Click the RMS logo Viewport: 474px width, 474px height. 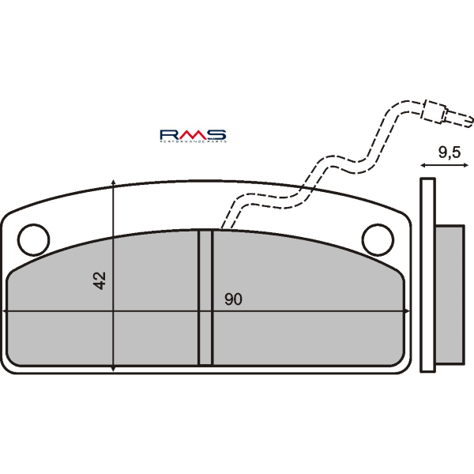193,134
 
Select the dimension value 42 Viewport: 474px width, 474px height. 100,280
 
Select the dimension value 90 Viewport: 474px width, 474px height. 232,299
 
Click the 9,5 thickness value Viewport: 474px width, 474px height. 449,152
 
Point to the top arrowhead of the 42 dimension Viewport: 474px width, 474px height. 115,184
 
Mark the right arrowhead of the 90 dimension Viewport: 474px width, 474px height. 405,311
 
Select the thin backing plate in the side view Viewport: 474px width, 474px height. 427,274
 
